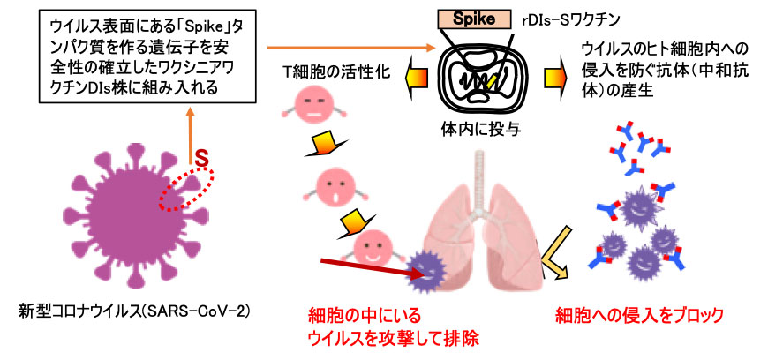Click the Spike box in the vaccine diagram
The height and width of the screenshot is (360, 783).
pyautogui.click(x=478, y=18)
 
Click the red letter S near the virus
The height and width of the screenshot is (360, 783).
pyautogui.click(x=200, y=161)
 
